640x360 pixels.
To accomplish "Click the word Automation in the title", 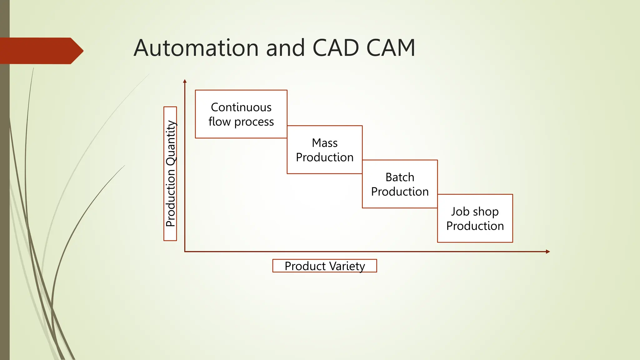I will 196,48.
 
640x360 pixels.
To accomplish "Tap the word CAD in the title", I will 336,48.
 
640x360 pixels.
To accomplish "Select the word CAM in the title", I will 391,48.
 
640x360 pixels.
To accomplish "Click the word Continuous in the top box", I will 241,107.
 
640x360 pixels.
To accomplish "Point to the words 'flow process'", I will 241,122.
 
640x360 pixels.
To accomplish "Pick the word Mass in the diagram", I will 325,143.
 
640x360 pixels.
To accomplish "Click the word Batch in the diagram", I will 400,177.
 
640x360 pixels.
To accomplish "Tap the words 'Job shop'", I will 475,212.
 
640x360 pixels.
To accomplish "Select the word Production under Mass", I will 325,157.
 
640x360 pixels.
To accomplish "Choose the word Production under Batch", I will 400,192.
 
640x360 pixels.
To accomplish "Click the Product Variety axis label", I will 325,266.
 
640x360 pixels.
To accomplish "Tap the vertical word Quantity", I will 171,143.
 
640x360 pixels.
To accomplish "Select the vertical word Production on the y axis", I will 171,198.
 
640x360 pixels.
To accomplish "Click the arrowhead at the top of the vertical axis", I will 185,81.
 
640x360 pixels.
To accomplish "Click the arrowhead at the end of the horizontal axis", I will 548,252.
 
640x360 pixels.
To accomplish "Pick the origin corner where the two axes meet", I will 185,252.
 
